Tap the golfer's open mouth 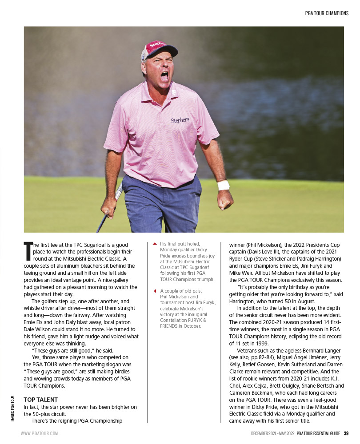coord(164,76)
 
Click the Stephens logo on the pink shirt coord(180,120)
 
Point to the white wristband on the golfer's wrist coord(224,185)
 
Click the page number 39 coord(346,433)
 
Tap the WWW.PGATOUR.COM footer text coord(39,433)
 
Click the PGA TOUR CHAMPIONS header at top coord(327,13)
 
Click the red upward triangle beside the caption coord(154,244)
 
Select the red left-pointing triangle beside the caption coord(154,291)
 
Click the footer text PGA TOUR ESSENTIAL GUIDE coord(319,433)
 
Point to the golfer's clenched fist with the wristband coord(225,199)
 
